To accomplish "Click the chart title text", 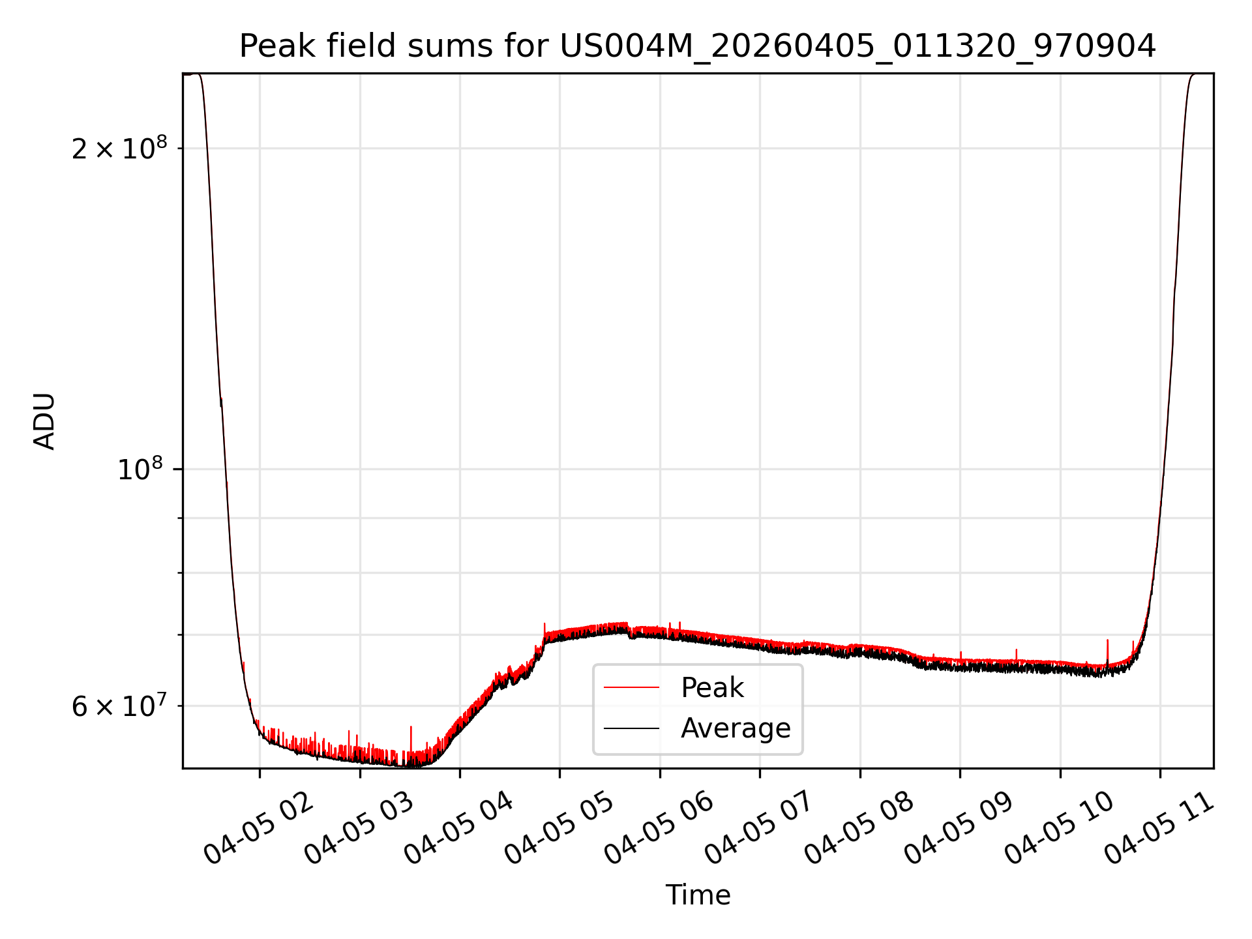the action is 698,46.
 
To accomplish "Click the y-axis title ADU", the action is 44,421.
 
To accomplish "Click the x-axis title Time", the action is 698,895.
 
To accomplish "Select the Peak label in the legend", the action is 712,688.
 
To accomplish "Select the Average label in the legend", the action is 736,728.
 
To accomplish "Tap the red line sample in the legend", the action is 631,687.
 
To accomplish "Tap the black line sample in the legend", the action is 631,728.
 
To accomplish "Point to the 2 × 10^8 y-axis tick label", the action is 119,148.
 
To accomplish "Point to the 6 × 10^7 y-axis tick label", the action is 119,706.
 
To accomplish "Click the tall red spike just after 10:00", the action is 1107,652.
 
